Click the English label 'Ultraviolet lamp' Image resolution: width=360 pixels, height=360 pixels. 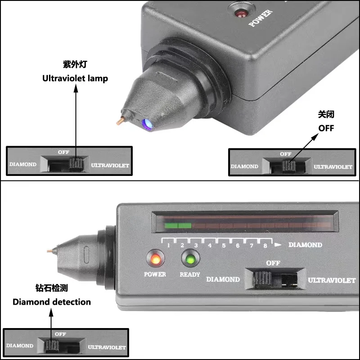(x=75, y=78)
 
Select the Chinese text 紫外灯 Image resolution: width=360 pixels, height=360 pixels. (x=75, y=64)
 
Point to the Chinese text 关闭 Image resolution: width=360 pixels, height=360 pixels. (x=326, y=115)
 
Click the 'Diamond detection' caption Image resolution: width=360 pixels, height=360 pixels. (x=52, y=301)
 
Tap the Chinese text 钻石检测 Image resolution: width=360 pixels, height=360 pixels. (x=52, y=288)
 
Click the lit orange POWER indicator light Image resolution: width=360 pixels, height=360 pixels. (x=155, y=260)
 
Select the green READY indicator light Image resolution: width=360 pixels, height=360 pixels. (x=189, y=260)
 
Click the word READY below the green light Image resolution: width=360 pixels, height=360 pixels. (x=189, y=274)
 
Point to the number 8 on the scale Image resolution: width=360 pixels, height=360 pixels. (x=265, y=246)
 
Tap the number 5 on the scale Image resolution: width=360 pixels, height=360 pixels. (x=224, y=246)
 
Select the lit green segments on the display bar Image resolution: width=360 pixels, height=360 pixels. (x=178, y=225)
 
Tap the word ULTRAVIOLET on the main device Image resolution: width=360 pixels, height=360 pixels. (x=332, y=280)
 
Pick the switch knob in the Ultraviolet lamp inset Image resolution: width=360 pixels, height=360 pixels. (x=76, y=164)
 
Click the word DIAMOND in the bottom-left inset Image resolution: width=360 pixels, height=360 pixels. (x=20, y=346)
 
